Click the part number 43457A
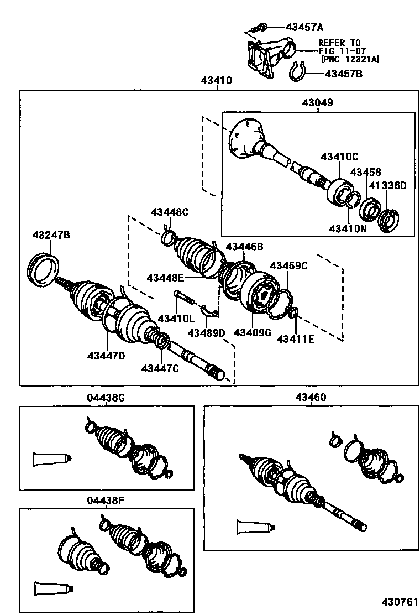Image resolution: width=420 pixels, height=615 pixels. point(305,27)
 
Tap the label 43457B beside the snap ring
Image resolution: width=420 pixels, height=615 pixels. point(344,74)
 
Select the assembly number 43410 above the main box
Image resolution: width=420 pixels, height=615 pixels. point(216,80)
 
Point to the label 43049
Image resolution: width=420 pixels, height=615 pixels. point(317,103)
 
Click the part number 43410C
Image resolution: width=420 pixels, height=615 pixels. point(340,157)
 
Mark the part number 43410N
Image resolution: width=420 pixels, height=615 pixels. point(348,228)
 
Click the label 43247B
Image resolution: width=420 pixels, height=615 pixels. point(51,235)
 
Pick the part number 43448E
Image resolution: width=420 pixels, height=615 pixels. point(165,278)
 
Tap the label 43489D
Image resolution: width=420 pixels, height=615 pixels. point(206,333)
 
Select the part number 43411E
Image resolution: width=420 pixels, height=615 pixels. point(296,339)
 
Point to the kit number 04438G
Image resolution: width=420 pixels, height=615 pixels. point(106,398)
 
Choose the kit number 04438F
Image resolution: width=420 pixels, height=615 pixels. point(106,501)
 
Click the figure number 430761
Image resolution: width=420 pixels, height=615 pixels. point(400,602)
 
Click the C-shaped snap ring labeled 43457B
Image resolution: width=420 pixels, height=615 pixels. point(298,72)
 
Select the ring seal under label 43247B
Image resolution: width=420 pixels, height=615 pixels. point(44,269)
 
